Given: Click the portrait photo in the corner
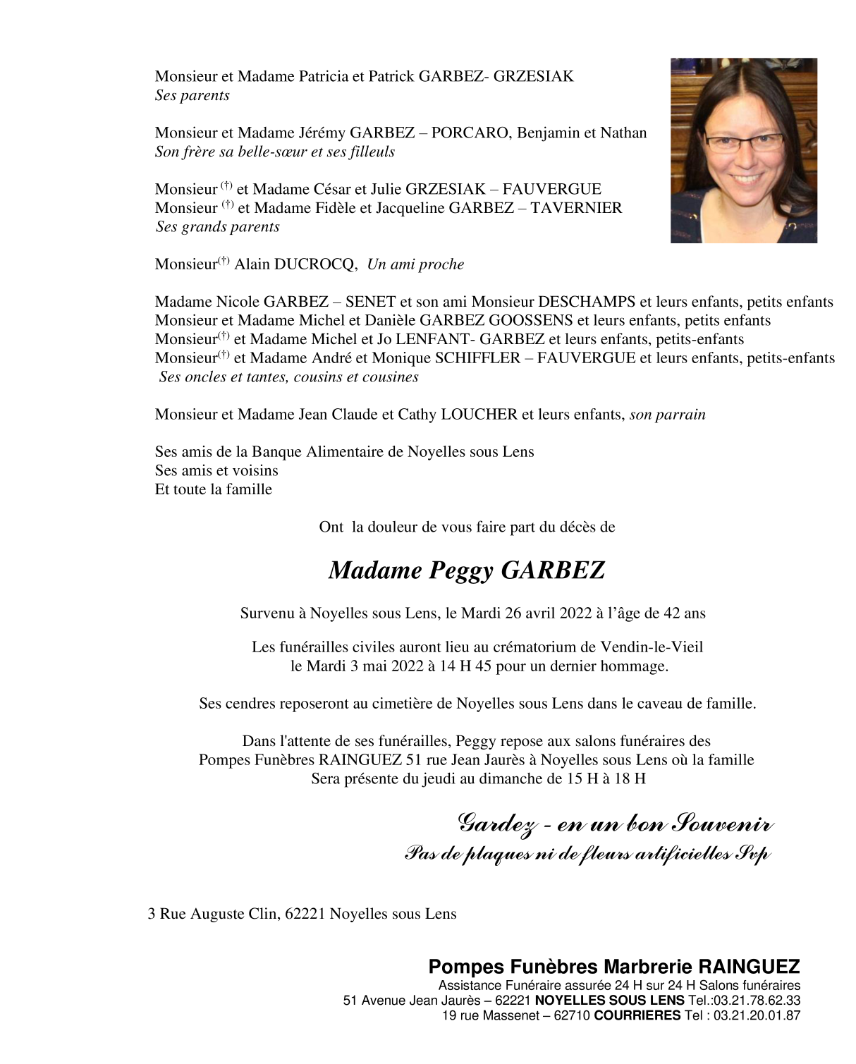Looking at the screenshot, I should [x=743, y=150].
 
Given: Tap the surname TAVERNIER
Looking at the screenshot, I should [x=576, y=208].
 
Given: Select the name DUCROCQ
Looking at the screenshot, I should [x=314, y=264].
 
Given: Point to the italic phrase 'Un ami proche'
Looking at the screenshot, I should [x=415, y=264].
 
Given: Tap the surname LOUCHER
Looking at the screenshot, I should [x=479, y=415].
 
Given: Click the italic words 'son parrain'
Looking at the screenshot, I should [x=667, y=415].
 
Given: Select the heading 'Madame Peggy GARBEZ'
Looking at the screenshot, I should [x=467, y=570].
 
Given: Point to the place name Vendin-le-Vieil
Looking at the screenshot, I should [x=652, y=647].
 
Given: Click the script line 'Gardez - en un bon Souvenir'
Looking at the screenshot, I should [x=615, y=824].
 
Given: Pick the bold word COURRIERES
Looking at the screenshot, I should [x=637, y=1016].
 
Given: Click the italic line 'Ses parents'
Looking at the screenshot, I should [x=192, y=96].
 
